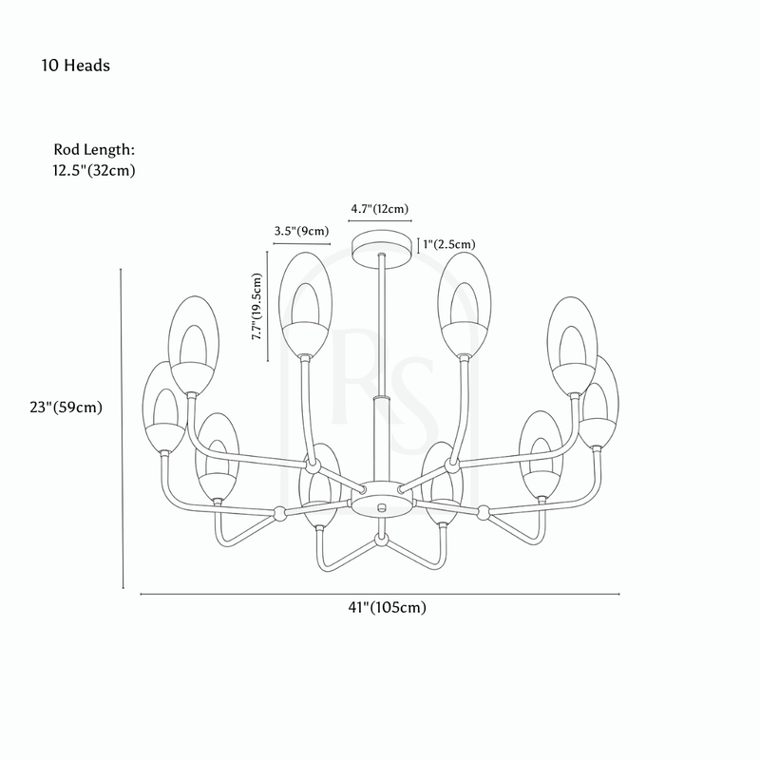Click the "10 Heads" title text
(76, 66)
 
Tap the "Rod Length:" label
(94, 150)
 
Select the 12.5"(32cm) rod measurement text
(94, 171)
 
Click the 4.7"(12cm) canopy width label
(380, 209)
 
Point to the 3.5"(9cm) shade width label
(301, 231)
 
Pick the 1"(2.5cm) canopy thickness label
(448, 244)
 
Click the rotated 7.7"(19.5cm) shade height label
(256, 306)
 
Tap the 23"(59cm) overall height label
(66, 408)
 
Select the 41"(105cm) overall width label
(388, 607)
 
